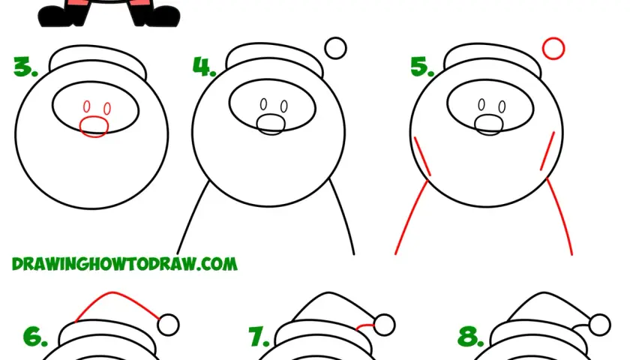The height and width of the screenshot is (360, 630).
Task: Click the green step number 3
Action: (25, 67)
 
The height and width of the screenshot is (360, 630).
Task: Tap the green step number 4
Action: (205, 67)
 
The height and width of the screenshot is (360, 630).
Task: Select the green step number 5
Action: (421, 67)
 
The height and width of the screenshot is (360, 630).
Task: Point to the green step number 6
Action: (35, 337)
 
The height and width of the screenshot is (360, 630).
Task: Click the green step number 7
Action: (259, 337)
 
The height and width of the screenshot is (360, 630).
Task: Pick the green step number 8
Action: (471, 337)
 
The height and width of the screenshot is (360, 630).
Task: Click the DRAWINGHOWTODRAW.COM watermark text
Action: (124, 264)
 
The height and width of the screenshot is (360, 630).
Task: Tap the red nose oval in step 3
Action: (94, 127)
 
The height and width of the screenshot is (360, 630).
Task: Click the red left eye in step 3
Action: (87, 106)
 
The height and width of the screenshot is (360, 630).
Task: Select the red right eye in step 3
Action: (107, 109)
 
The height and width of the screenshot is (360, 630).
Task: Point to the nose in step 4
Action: (271, 124)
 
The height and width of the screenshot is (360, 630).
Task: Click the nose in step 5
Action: (488, 124)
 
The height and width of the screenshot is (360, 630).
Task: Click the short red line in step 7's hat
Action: (364, 325)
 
